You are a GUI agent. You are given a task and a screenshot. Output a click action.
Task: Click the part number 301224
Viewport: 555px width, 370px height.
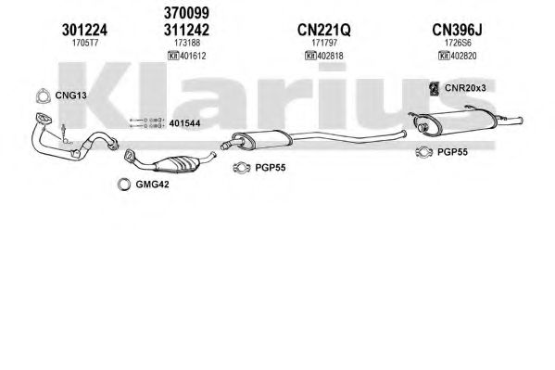84,30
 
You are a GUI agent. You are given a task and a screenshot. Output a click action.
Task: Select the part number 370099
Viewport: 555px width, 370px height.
186,13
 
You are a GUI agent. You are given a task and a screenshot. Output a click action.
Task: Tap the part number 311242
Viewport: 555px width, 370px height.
186,30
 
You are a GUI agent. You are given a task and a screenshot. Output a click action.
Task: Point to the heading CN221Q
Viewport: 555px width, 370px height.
324,30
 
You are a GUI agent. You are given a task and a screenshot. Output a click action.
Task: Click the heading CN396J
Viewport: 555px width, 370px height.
457,30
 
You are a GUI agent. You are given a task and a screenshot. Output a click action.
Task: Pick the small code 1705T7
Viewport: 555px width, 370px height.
85,43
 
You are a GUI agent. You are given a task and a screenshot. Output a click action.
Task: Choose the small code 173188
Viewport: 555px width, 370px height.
187,43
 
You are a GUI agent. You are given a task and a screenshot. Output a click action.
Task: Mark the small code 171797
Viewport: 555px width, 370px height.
324,43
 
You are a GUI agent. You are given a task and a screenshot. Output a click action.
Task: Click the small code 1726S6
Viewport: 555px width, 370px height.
458,43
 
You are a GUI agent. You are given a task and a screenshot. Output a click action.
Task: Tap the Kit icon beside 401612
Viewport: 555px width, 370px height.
173,56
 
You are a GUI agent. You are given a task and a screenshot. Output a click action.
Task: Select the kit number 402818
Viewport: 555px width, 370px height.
330,56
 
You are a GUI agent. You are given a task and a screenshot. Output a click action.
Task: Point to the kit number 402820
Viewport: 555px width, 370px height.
463,56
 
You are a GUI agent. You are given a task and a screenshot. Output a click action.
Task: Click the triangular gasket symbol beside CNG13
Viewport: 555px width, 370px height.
43,96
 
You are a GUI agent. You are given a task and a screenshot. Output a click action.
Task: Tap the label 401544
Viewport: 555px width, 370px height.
184,123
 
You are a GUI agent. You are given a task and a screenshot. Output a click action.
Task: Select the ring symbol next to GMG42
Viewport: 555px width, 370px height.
124,185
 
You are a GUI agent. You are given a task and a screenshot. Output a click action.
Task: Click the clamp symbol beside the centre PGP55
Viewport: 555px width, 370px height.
242,168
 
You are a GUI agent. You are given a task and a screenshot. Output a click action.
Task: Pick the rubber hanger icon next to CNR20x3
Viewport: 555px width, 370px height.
434,89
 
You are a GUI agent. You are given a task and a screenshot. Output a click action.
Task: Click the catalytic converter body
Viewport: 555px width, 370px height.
175,164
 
